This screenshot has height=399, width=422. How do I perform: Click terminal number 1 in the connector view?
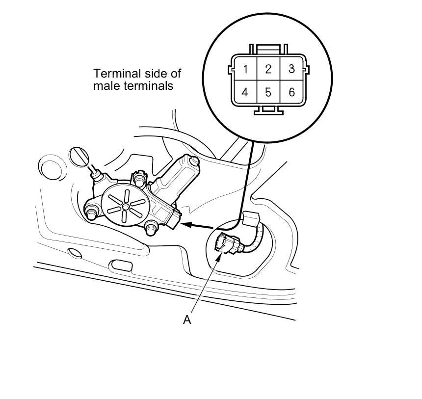pyautogui.click(x=245, y=69)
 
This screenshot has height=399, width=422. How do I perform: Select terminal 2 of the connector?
pyautogui.click(x=268, y=69)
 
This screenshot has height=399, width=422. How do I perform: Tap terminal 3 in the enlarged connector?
pyautogui.click(x=291, y=69)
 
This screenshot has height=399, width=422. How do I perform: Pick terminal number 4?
pyautogui.click(x=245, y=92)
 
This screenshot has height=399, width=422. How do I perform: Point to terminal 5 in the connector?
pyautogui.click(x=268, y=92)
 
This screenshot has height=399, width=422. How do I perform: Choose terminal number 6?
pyautogui.click(x=291, y=92)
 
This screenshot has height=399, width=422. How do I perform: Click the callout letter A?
pyautogui.click(x=186, y=319)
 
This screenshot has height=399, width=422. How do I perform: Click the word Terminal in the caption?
pyautogui.click(x=113, y=74)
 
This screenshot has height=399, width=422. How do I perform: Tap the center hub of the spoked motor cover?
pyautogui.click(x=126, y=207)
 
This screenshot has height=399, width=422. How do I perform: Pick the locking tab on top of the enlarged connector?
pyautogui.click(x=268, y=49)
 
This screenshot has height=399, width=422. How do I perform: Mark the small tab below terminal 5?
pyautogui.click(x=268, y=110)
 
